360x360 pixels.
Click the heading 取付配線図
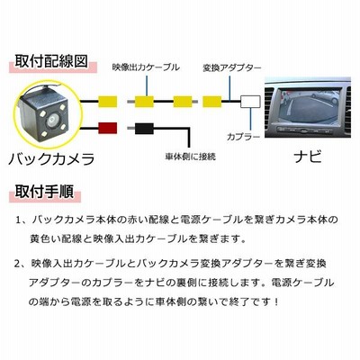[x=51, y=61]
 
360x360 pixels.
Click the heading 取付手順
[x=44, y=191]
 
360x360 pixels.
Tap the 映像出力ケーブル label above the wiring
[x=146, y=67]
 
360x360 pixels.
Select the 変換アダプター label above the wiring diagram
[x=232, y=67]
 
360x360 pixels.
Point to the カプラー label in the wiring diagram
[x=243, y=137]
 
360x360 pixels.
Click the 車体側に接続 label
[x=191, y=157]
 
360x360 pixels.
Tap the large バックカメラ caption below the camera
[x=51, y=158]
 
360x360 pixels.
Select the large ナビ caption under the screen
[x=308, y=157]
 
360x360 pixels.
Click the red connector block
[x=108, y=128]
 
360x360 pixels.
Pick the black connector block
[x=145, y=129]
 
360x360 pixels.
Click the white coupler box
[x=250, y=102]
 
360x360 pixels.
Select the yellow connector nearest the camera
[x=108, y=102]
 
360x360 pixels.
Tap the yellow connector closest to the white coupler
[x=212, y=102]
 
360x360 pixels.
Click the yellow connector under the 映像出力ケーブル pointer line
[x=144, y=102]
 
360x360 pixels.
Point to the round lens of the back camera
[x=52, y=121]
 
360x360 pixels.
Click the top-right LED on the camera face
[x=62, y=108]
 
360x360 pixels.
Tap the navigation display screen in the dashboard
[x=309, y=105]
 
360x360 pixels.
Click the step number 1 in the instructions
[x=18, y=220]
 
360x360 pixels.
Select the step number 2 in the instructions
[x=17, y=264]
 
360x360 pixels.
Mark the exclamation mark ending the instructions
[x=276, y=301]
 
